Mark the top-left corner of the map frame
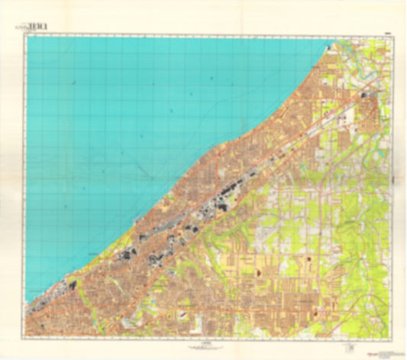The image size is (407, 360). [x=25, y=37]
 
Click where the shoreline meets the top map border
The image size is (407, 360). [x=337, y=37]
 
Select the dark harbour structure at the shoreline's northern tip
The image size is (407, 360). [x=330, y=48]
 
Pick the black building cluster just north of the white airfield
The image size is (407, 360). [x=365, y=96]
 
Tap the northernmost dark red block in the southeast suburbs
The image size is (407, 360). [x=309, y=259]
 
